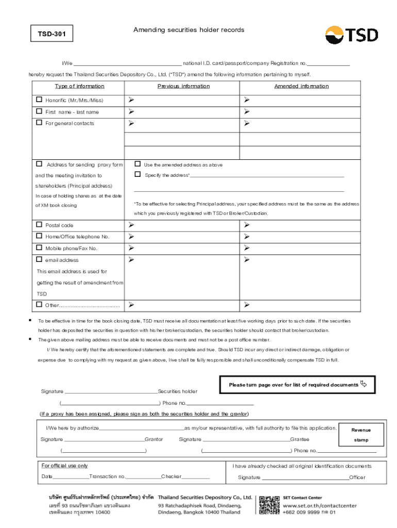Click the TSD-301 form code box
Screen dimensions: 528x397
click(x=50, y=35)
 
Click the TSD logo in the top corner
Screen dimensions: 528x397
click(x=351, y=35)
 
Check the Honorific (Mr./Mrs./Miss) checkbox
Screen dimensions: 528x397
click(x=39, y=100)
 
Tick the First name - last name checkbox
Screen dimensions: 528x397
click(x=39, y=111)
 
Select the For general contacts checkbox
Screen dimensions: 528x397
click(x=39, y=123)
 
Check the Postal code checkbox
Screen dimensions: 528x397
click(x=39, y=225)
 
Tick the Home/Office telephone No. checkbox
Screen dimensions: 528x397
click(x=39, y=237)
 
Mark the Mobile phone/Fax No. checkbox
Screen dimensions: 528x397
click(x=39, y=248)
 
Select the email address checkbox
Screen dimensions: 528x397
click(x=39, y=260)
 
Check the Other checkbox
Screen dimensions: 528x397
click(x=39, y=305)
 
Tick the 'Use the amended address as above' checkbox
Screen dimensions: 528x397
click(x=138, y=164)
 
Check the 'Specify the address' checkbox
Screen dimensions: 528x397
click(x=138, y=175)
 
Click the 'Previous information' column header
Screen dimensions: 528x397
click(x=183, y=86)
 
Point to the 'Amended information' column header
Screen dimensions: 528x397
click(x=301, y=86)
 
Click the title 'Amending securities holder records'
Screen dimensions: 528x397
click(x=189, y=30)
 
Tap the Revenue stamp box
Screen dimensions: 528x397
click(x=361, y=435)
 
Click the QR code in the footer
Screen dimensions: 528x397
click(x=269, y=505)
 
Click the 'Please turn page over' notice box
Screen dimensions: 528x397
click(x=297, y=385)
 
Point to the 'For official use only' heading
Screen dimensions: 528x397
click(x=64, y=466)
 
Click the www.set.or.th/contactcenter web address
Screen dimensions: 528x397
click(x=320, y=506)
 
